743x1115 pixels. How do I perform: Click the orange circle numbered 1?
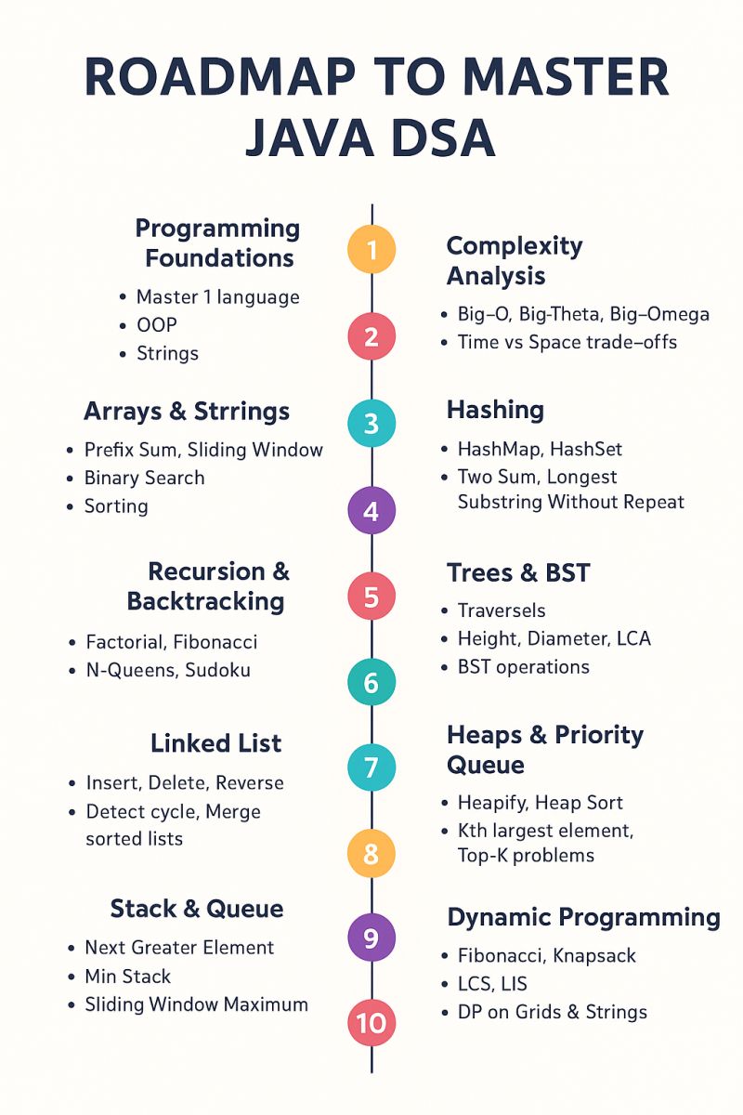pyautogui.click(x=371, y=249)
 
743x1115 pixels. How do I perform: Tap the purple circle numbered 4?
pyautogui.click(x=371, y=510)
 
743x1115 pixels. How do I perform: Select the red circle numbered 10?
pyautogui.click(x=371, y=1022)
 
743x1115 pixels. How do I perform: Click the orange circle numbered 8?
pyautogui.click(x=371, y=853)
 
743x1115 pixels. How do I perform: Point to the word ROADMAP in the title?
pyautogui.click(x=219, y=77)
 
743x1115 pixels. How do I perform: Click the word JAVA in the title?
pyautogui.click(x=309, y=138)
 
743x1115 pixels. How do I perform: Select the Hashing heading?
pyautogui.click(x=495, y=410)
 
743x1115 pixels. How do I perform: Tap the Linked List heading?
pyautogui.click(x=216, y=742)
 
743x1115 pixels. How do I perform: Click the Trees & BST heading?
pyautogui.click(x=518, y=572)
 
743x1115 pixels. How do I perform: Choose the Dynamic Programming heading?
pyautogui.click(x=584, y=917)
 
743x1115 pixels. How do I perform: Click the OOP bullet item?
pyautogui.click(x=157, y=325)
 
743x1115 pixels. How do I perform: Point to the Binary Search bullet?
pyautogui.click(x=144, y=478)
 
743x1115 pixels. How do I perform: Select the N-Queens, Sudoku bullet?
pyautogui.click(x=168, y=670)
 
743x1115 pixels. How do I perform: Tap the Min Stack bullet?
pyautogui.click(x=128, y=977)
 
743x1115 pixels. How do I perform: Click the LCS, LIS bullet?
pyautogui.click(x=492, y=984)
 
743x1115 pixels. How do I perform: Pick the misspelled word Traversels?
pyautogui.click(x=502, y=610)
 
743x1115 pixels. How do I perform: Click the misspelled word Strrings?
pyautogui.click(x=241, y=413)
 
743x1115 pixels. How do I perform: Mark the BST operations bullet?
pyautogui.click(x=524, y=666)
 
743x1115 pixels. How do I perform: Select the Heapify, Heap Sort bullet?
pyautogui.click(x=541, y=803)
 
